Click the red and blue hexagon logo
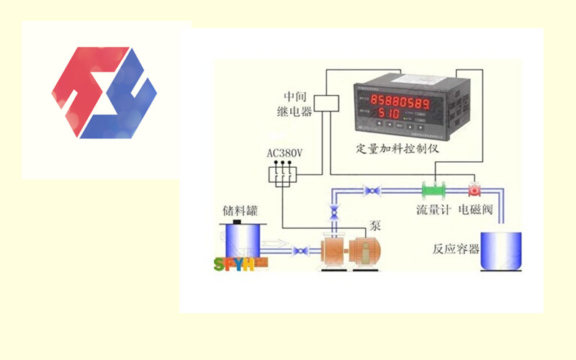pyautogui.click(x=104, y=92)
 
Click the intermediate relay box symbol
pyautogui.click(x=328, y=102)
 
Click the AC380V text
pyautogui.click(x=284, y=153)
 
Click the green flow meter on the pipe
pyautogui.click(x=435, y=191)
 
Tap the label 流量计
pyautogui.click(x=434, y=211)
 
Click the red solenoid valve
pyautogui.click(x=474, y=191)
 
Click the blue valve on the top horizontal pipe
pyautogui.click(x=373, y=191)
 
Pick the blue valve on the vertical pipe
pyautogui.click(x=333, y=214)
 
